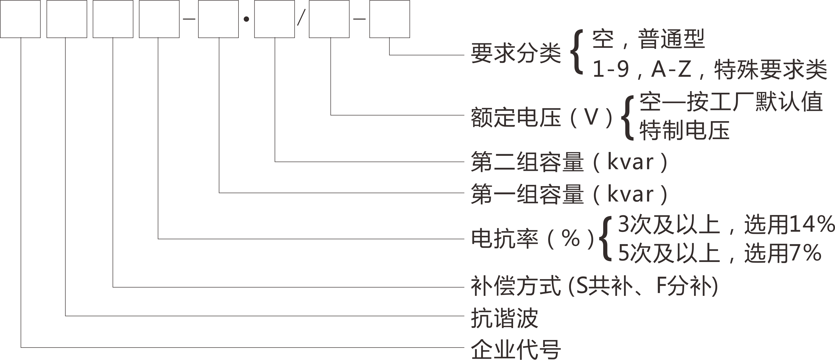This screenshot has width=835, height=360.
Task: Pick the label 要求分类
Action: (516, 53)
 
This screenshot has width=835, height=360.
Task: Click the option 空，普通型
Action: (648, 39)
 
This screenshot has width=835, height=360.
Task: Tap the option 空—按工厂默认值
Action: (731, 102)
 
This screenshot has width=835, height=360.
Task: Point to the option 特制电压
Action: (684, 130)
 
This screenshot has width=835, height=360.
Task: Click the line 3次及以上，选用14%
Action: (726, 224)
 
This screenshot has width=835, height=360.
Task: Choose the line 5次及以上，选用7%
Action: (720, 253)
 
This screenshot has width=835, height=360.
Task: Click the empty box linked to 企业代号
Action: (20, 19)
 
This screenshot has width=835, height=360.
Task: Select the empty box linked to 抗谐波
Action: (67, 19)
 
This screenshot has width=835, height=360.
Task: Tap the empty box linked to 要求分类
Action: (390, 19)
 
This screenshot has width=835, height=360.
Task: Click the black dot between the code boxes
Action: (246, 19)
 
